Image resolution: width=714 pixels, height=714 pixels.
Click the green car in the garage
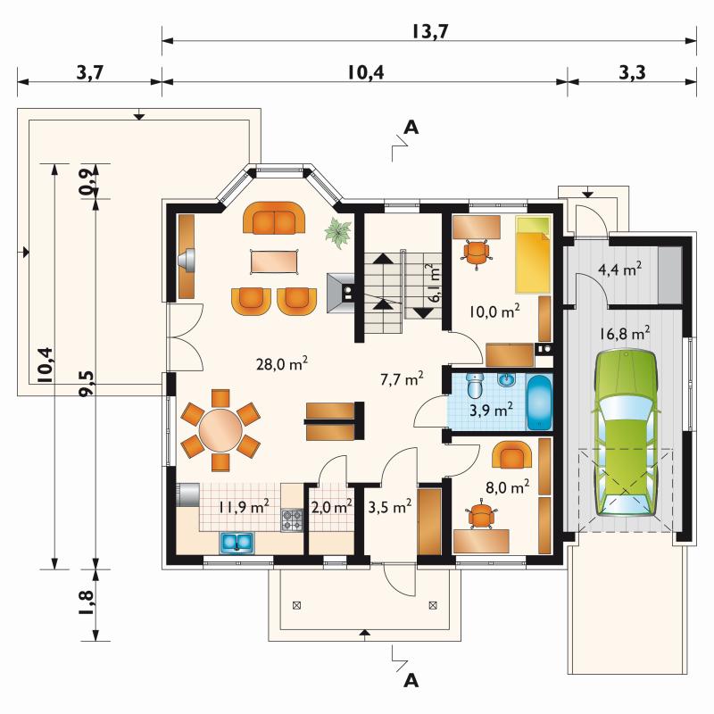[x=627, y=433]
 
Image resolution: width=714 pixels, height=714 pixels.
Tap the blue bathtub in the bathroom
[x=540, y=403]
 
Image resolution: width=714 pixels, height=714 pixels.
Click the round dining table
[x=220, y=430]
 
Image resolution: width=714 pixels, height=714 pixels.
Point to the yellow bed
[x=533, y=254]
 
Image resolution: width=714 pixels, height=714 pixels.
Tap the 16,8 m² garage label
[x=624, y=333]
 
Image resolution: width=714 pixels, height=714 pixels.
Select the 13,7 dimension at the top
[x=430, y=31]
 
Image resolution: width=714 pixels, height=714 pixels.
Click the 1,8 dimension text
[x=86, y=603]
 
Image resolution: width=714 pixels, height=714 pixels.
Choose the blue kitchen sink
[x=237, y=543]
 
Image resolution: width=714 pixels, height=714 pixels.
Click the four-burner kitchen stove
[x=292, y=520]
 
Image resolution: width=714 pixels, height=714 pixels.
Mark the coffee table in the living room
[x=274, y=262]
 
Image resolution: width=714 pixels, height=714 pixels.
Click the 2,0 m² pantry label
[x=331, y=506]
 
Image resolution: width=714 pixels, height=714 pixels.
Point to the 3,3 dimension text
[x=632, y=72]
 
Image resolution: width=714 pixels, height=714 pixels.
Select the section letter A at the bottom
[x=411, y=680]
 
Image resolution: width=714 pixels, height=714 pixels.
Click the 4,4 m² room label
[x=619, y=270]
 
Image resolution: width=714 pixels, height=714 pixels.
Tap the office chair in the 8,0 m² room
[x=479, y=517]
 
